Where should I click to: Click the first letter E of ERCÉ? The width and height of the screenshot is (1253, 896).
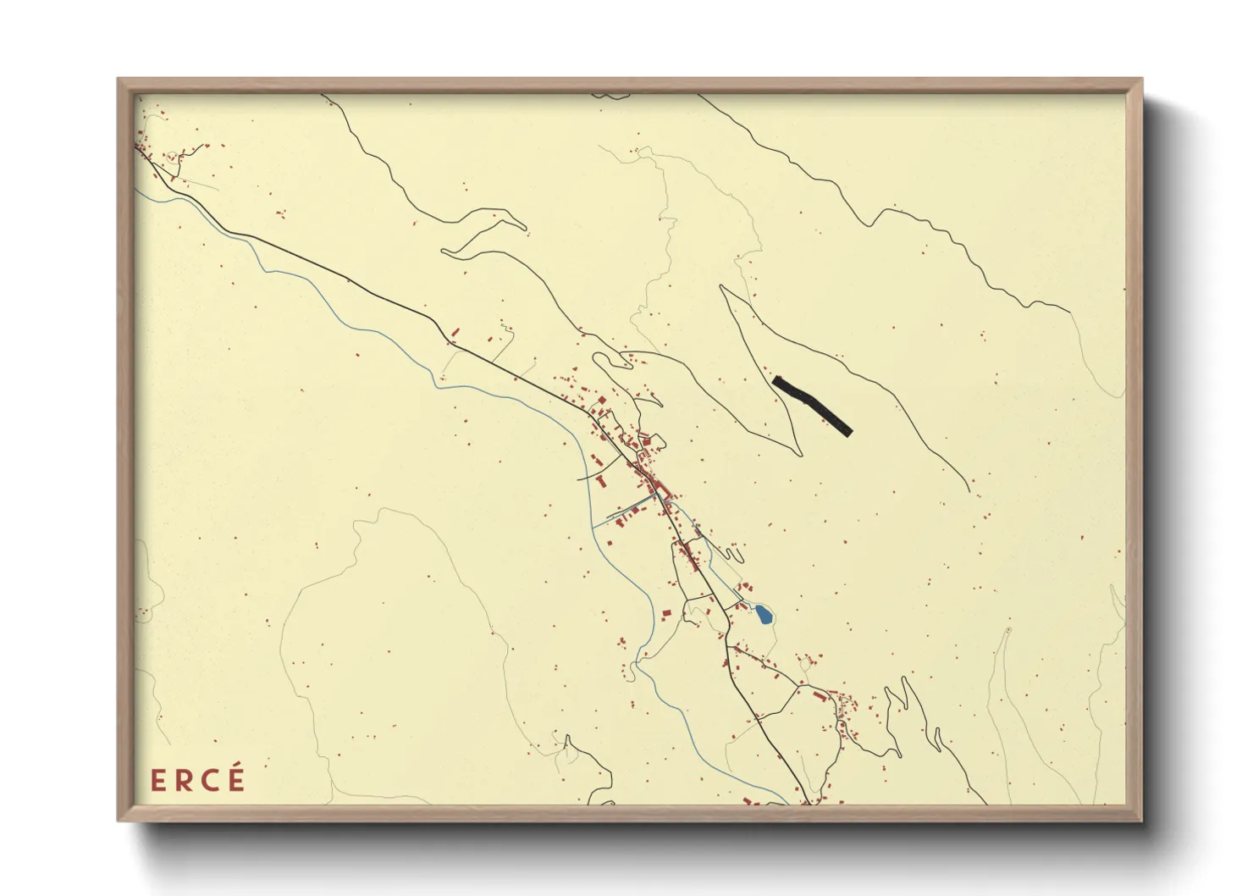coord(157,780)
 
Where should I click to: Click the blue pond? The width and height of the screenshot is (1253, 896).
coord(764,615)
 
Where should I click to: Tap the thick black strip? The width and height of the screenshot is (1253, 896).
coord(811,404)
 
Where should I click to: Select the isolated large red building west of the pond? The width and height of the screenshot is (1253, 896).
coord(665,613)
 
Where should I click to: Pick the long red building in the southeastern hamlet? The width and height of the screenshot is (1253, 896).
coord(819,695)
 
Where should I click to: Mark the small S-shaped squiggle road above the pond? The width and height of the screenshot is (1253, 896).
coord(735,554)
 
